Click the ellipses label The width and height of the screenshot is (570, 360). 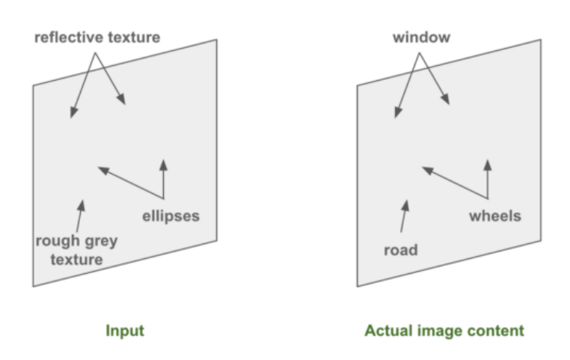point(171,216)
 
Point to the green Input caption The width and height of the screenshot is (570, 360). point(125,330)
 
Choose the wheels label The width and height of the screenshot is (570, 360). point(494,216)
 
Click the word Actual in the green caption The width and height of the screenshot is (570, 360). point(384,330)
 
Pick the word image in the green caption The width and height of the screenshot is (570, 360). point(439,330)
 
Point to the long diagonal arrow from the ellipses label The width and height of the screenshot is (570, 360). point(130,183)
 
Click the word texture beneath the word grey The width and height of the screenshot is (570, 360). point(75,260)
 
